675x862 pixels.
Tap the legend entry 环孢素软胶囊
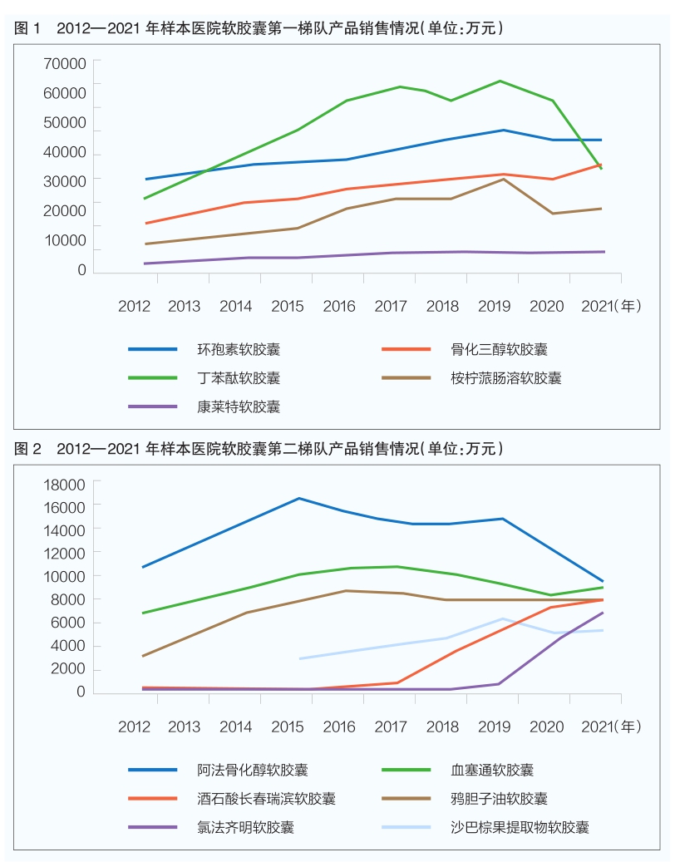pos(238,350)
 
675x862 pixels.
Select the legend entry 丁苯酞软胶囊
pos(238,378)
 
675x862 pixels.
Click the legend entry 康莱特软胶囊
pos(238,406)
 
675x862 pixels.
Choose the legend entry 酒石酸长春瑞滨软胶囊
pos(266,799)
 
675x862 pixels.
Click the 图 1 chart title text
pos(259,28)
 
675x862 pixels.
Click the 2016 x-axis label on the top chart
pos(339,306)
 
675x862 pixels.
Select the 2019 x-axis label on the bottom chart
pos(495,727)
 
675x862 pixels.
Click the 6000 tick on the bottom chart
pos(71,622)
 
